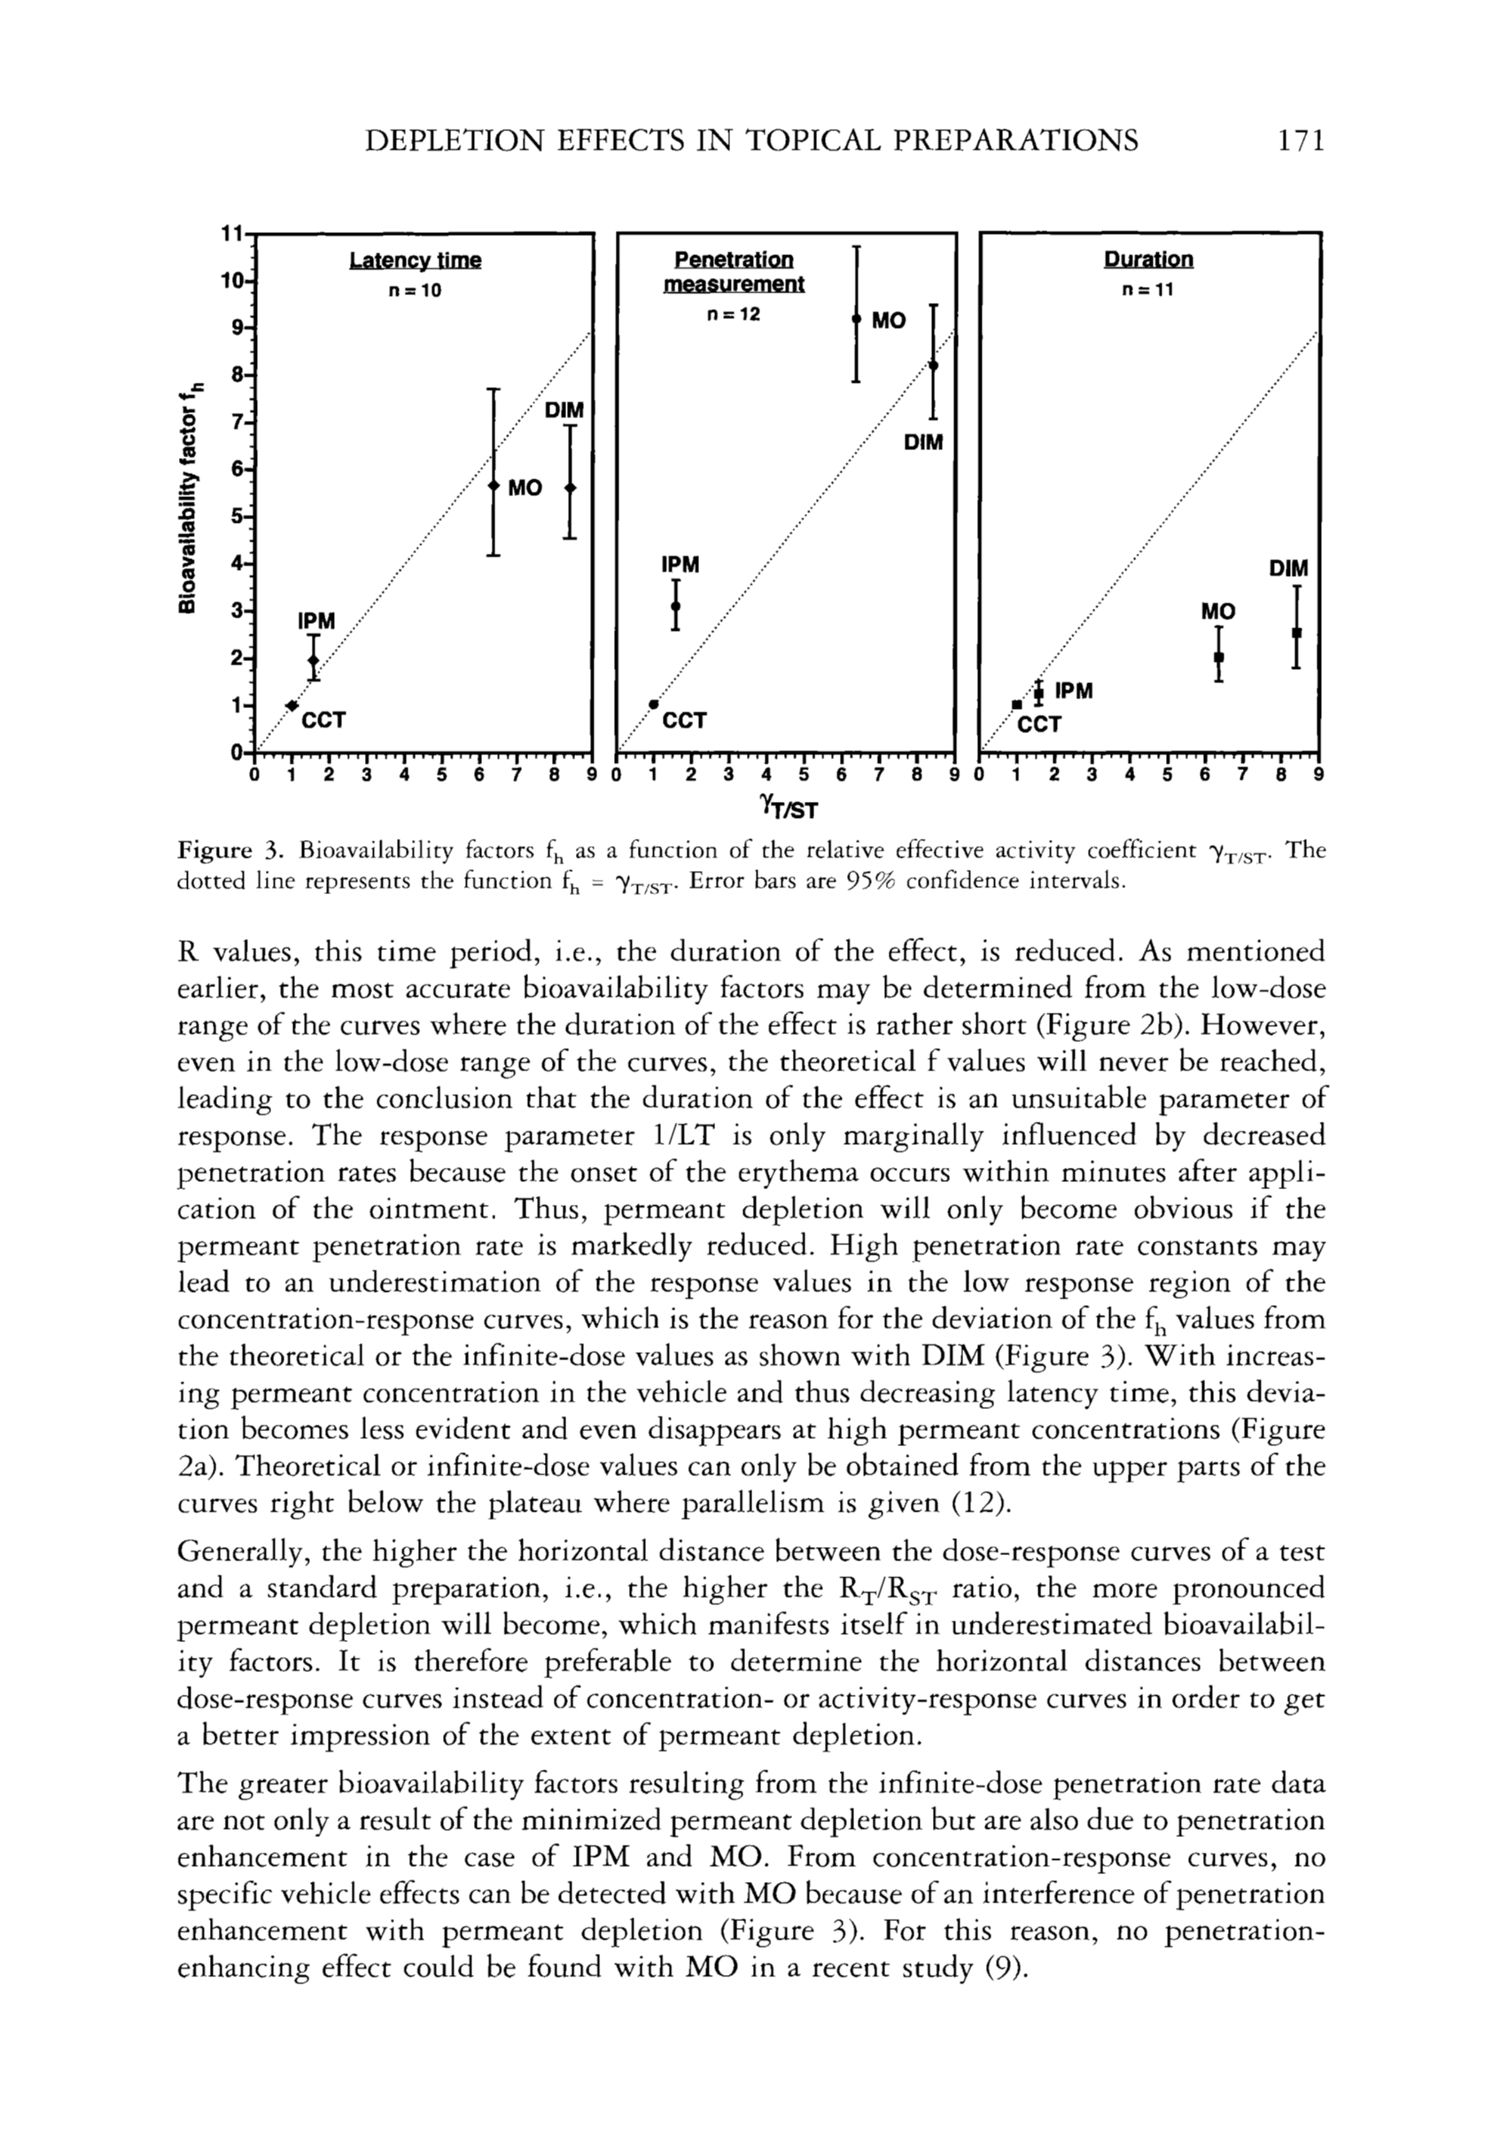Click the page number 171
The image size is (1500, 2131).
click(1298, 140)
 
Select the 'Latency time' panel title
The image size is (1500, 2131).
click(415, 260)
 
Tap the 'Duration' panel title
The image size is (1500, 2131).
click(1148, 260)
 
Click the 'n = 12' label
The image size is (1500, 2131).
click(734, 315)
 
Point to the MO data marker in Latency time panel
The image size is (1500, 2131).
click(494, 486)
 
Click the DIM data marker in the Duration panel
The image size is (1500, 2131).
click(1297, 633)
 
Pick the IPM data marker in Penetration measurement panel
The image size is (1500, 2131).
click(676, 606)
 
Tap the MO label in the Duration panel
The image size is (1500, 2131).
click(1218, 611)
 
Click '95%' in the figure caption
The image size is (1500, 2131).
click(861, 880)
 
